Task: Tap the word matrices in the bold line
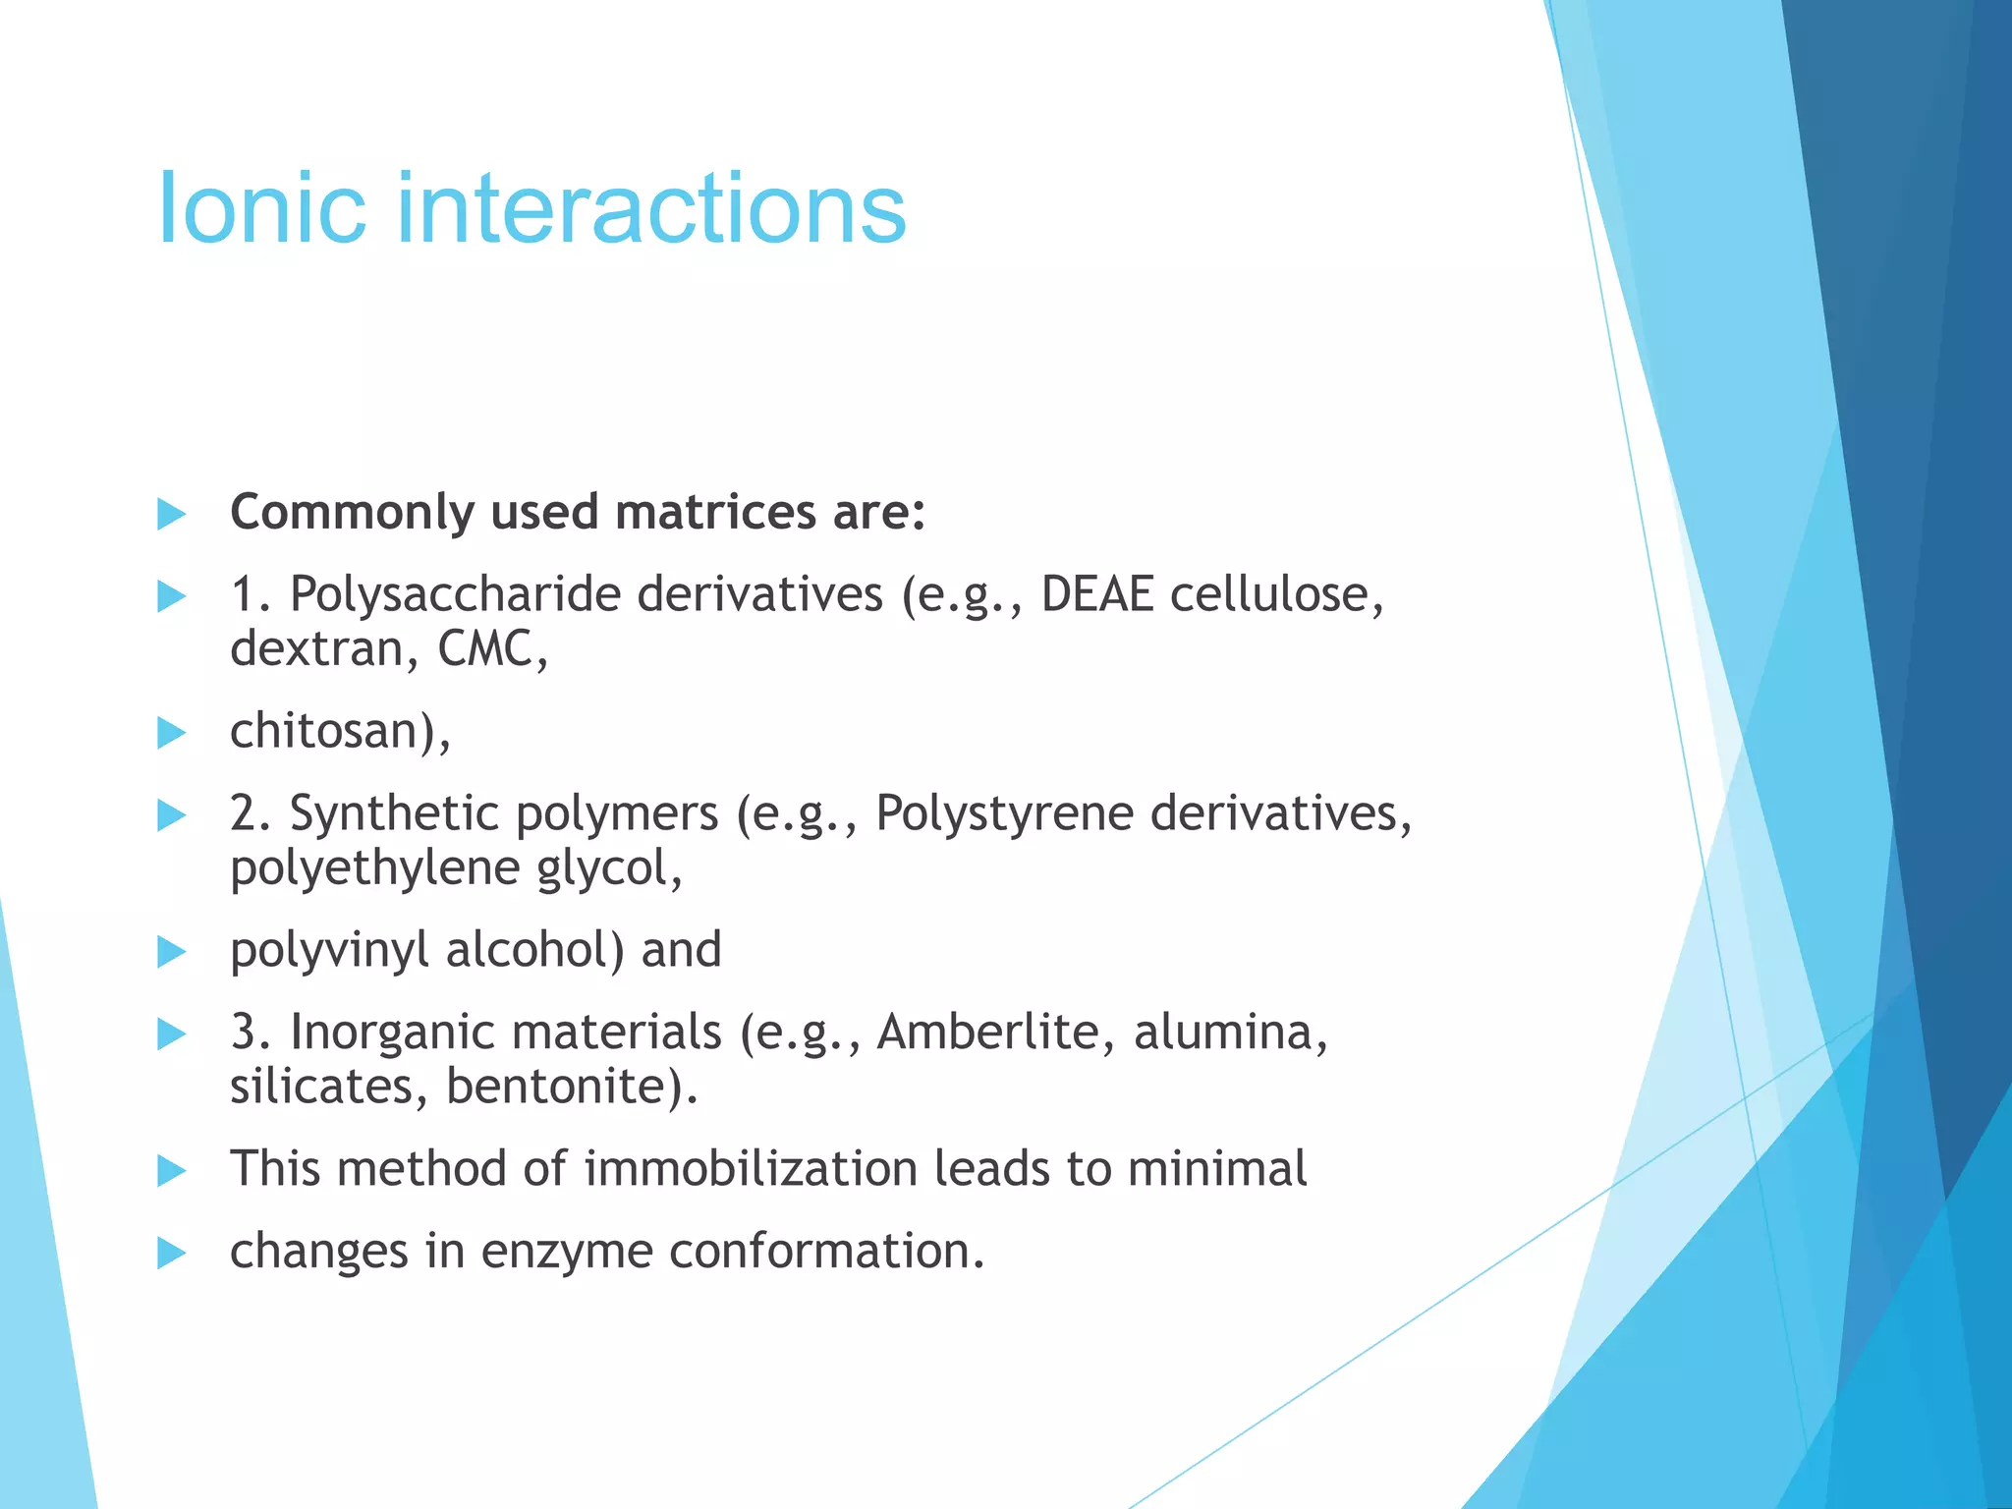click(x=715, y=513)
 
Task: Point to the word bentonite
click(x=570, y=1087)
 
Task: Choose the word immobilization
click(x=750, y=1169)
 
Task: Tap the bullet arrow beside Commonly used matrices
click(x=171, y=514)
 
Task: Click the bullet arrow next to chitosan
click(x=171, y=733)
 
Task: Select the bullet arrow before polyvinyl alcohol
click(x=171, y=952)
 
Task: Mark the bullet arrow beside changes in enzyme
click(x=171, y=1253)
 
